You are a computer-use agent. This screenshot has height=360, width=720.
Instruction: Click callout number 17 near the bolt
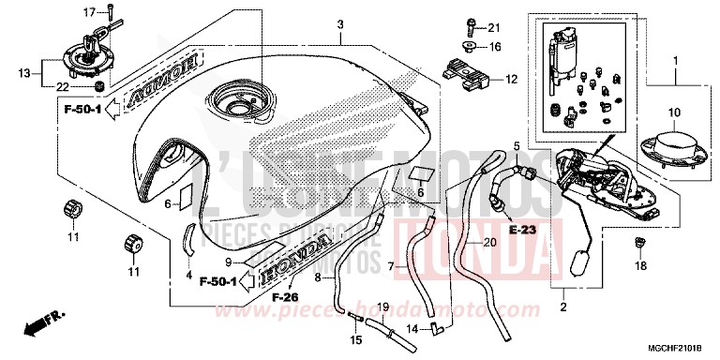tap(90, 12)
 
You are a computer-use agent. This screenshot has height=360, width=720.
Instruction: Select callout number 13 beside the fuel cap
tap(24, 71)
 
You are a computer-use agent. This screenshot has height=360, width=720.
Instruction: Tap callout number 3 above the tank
tap(341, 24)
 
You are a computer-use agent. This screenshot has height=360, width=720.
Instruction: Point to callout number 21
tap(494, 26)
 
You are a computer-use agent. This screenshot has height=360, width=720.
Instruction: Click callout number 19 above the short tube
tap(382, 307)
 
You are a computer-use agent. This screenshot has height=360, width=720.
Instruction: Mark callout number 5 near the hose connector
tap(516, 144)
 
